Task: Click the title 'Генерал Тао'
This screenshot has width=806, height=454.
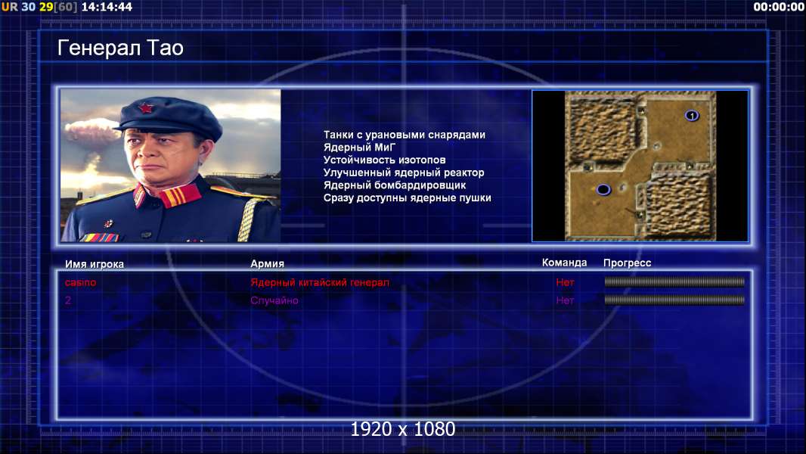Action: click(120, 48)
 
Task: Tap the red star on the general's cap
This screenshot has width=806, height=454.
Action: click(146, 108)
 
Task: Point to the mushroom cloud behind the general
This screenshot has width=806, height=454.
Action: click(92, 131)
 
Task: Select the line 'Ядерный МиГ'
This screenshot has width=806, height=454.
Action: click(359, 147)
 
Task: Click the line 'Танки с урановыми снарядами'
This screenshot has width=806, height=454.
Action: click(405, 135)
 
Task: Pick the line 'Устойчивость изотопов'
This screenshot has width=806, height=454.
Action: click(385, 160)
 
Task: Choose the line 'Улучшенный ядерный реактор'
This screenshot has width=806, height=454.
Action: click(404, 173)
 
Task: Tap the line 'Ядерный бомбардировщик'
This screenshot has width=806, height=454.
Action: click(394, 185)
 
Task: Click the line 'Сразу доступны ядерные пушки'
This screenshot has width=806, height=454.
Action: click(407, 198)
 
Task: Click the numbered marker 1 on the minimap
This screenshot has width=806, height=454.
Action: click(692, 116)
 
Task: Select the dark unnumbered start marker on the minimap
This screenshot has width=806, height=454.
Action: click(603, 190)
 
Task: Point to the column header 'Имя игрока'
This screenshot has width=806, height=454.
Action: click(94, 264)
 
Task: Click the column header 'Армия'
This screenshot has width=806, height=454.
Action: click(268, 264)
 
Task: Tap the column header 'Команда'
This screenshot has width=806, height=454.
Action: click(564, 263)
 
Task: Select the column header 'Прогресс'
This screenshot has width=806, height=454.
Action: click(627, 263)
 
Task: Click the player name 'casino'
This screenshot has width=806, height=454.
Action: click(80, 282)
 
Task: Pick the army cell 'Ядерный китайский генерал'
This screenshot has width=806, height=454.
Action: click(320, 282)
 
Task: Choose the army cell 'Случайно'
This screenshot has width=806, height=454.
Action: click(274, 300)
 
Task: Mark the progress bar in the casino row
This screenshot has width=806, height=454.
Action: click(674, 281)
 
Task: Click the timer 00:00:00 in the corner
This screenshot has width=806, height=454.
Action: click(779, 7)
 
